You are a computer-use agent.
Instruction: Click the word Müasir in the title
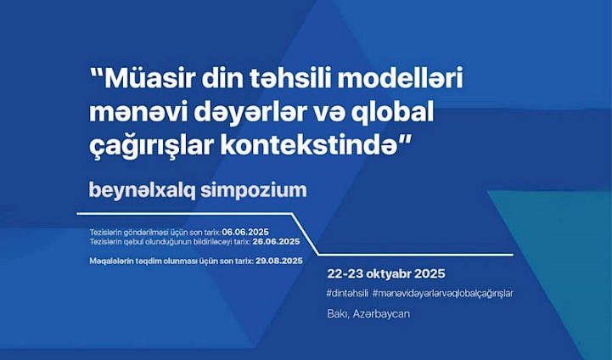click(x=150, y=78)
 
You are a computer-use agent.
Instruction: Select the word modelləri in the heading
click(x=400, y=78)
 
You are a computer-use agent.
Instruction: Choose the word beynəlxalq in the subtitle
click(x=143, y=190)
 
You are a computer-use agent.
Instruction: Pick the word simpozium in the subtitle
click(x=254, y=190)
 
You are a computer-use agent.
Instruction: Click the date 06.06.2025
click(x=245, y=233)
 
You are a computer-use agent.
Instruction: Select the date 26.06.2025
click(x=276, y=242)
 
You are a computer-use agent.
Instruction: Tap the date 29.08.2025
click(x=279, y=261)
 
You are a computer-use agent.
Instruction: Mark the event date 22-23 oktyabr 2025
click(x=386, y=273)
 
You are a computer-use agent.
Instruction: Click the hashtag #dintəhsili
click(x=347, y=294)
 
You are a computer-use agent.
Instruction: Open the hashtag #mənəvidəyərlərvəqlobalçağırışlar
click(x=442, y=294)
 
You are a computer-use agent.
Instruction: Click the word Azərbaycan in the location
click(x=381, y=314)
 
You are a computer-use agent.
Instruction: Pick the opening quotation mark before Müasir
click(x=97, y=73)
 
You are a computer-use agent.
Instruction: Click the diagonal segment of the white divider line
click(x=306, y=234)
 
